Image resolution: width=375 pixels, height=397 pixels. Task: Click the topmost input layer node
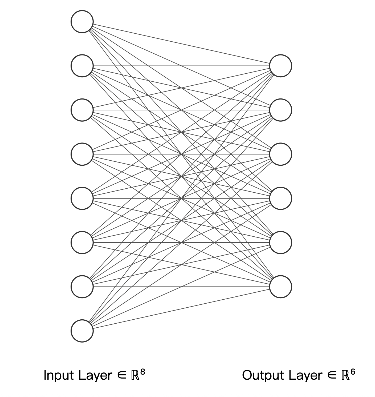82,22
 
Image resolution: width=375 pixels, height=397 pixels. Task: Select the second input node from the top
82,66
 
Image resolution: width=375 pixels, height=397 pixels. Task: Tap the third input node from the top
82,110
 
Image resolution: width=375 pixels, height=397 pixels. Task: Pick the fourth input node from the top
82,154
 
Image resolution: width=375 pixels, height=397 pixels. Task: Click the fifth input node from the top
82,198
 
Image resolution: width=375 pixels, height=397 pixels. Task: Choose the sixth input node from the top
82,243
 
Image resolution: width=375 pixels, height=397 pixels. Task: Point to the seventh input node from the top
82,287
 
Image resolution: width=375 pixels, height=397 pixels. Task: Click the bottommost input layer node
82,331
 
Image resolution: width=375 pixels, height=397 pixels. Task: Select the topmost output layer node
280,66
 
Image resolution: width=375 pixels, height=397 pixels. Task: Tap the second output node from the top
280,110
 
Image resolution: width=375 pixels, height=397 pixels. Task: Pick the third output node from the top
280,154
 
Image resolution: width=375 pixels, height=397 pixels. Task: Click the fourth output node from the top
280,198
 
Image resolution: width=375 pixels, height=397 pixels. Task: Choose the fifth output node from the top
280,243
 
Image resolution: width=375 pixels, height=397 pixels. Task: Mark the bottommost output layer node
280,287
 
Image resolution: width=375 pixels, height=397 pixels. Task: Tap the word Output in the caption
263,376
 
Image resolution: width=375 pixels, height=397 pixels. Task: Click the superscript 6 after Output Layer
353,372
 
